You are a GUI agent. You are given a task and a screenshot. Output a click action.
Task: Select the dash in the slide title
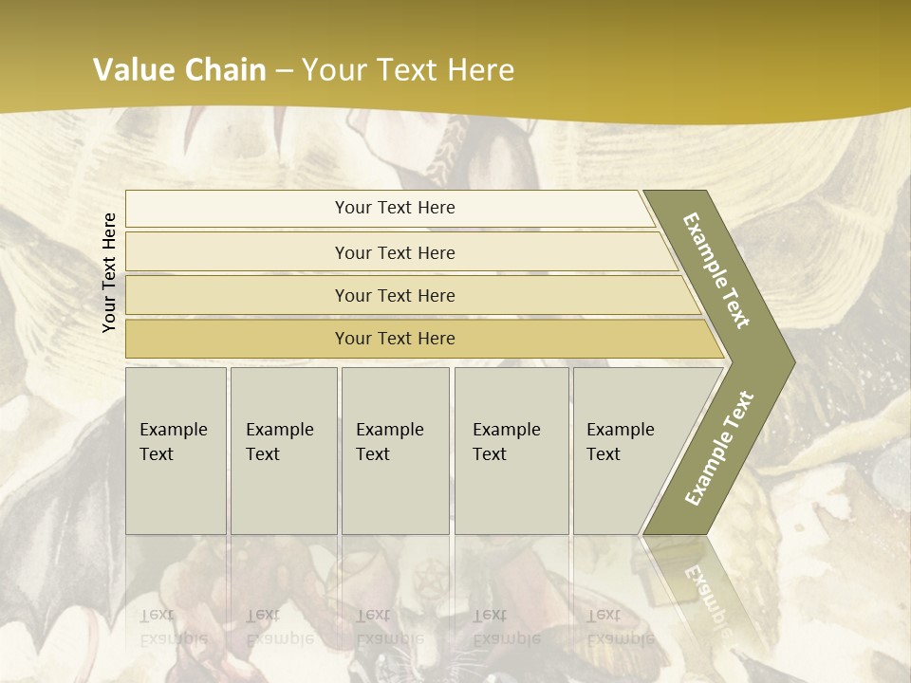284,70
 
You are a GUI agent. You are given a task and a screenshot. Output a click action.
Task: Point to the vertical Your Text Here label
109,272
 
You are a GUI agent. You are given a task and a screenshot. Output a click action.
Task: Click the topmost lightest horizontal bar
394,208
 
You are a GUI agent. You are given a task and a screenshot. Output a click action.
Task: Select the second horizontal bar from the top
394,252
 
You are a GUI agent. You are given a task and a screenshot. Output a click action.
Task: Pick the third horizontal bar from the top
394,295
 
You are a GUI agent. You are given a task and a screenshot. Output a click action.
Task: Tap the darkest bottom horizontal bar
394,339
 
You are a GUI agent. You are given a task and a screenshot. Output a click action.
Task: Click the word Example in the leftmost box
173,429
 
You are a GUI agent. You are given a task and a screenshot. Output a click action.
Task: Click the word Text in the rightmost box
604,454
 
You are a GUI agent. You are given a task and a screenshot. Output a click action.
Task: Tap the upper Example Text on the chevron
716,270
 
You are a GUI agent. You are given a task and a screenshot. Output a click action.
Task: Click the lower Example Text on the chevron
719,448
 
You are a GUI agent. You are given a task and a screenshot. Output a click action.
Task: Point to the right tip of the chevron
792,361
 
